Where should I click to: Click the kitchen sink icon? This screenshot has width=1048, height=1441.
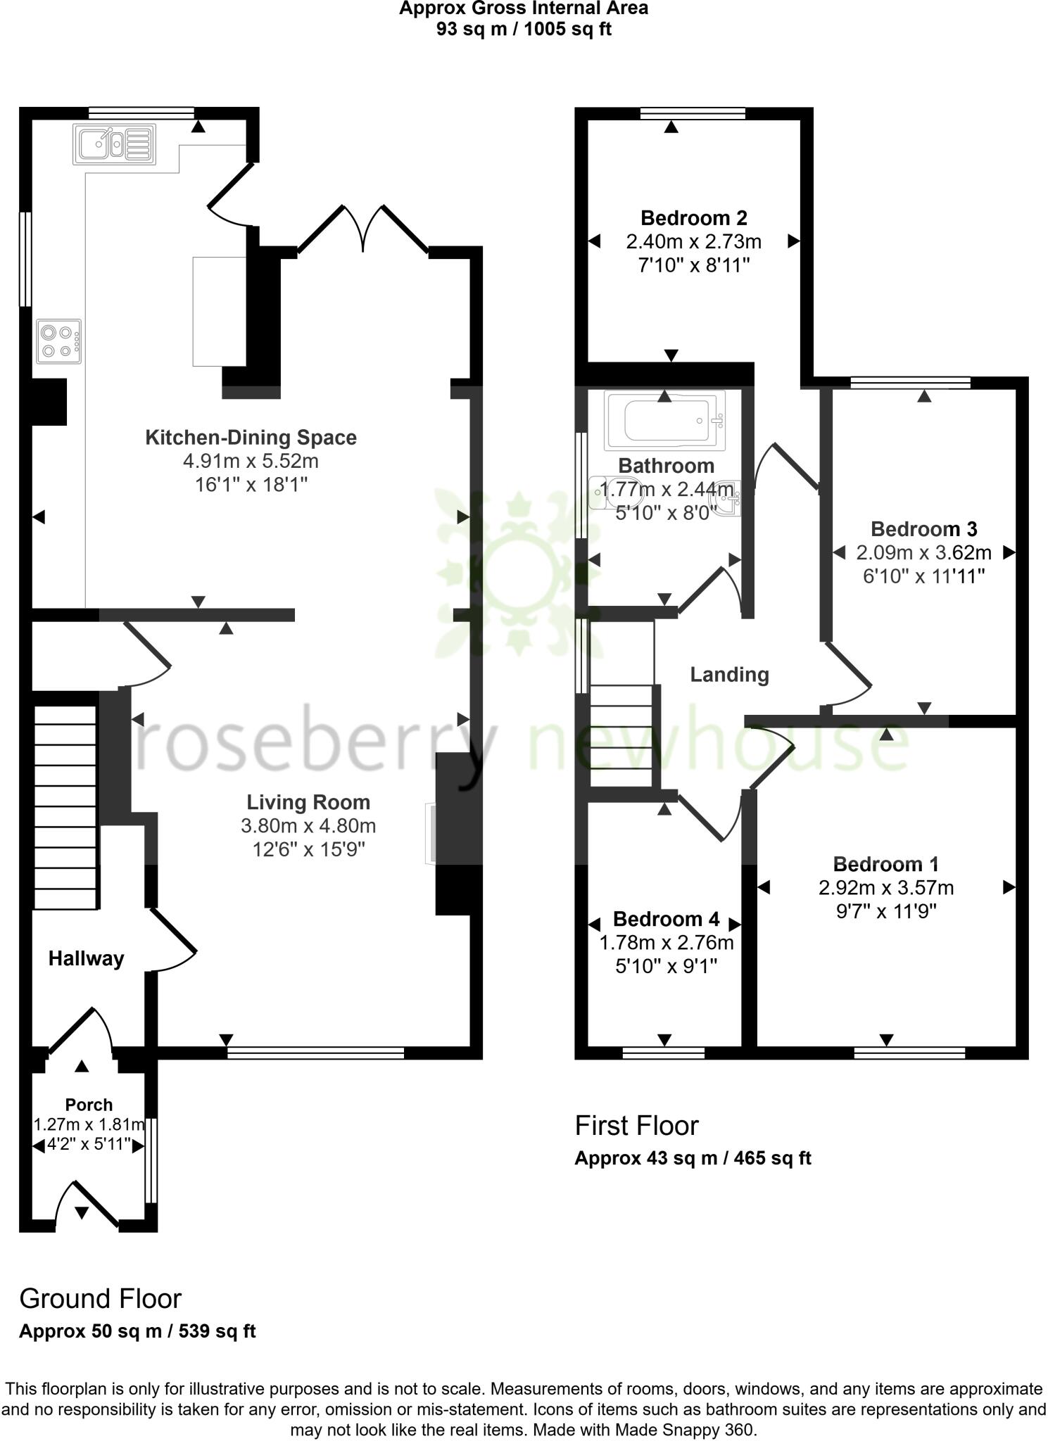[x=113, y=144]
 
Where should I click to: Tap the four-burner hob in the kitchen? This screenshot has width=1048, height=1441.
[x=59, y=341]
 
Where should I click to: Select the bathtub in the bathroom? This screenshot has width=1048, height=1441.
[x=664, y=421]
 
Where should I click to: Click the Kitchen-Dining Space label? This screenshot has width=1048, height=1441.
[x=251, y=438]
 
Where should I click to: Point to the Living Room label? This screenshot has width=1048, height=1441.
[x=308, y=802]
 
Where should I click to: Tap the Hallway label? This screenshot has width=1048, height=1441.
[x=86, y=958]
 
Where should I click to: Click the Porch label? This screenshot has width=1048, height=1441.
[x=89, y=1105]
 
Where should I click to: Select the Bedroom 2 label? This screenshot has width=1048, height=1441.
[x=693, y=218]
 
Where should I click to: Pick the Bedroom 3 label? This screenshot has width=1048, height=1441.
[x=923, y=529]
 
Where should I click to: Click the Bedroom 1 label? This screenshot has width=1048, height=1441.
[x=885, y=864]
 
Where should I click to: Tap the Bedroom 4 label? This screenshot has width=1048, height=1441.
[x=666, y=919]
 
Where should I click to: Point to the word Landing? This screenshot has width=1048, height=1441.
[x=729, y=675]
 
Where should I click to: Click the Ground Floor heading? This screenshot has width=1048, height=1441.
[x=100, y=1299]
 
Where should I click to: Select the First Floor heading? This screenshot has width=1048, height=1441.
[x=636, y=1126]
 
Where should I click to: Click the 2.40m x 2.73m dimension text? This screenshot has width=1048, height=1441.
[x=693, y=242]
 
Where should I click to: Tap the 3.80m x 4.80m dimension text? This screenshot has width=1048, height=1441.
[x=308, y=826]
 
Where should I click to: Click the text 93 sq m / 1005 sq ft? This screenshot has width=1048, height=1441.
[x=524, y=30]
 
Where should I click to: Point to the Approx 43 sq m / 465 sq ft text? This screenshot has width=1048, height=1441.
[x=693, y=1158]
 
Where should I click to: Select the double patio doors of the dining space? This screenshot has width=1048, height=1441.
[x=363, y=227]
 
